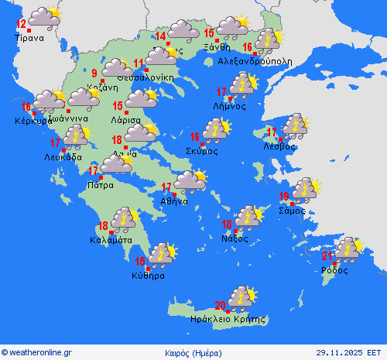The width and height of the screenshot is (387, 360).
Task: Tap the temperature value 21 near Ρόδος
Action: tap(327, 256)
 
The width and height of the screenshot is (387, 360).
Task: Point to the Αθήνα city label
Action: tap(174, 201)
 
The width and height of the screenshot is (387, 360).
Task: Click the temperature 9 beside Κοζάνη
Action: tap(94, 74)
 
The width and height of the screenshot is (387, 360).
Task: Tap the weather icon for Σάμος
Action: tap(304, 188)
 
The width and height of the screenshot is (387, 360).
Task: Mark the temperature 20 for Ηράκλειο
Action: tap(221, 305)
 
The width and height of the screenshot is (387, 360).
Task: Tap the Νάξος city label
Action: tap(237, 238)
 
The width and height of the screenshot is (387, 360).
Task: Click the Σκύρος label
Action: tap(201, 151)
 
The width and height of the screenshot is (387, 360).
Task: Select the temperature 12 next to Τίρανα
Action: tap(21, 24)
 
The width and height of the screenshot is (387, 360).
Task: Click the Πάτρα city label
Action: tap(101, 185)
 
